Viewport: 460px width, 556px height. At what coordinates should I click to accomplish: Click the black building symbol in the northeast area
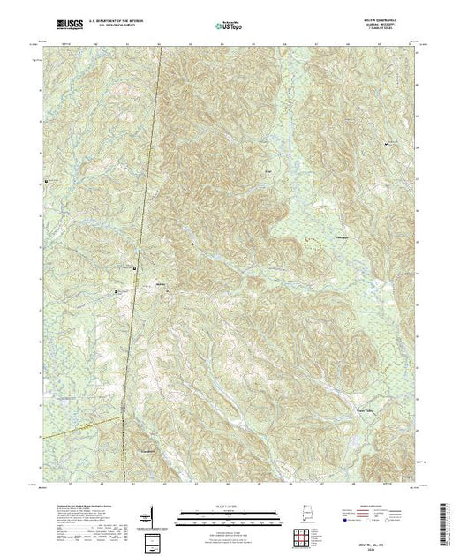pos(386,142)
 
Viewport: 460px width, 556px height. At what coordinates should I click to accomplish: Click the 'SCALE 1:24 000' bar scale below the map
pos(230,513)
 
